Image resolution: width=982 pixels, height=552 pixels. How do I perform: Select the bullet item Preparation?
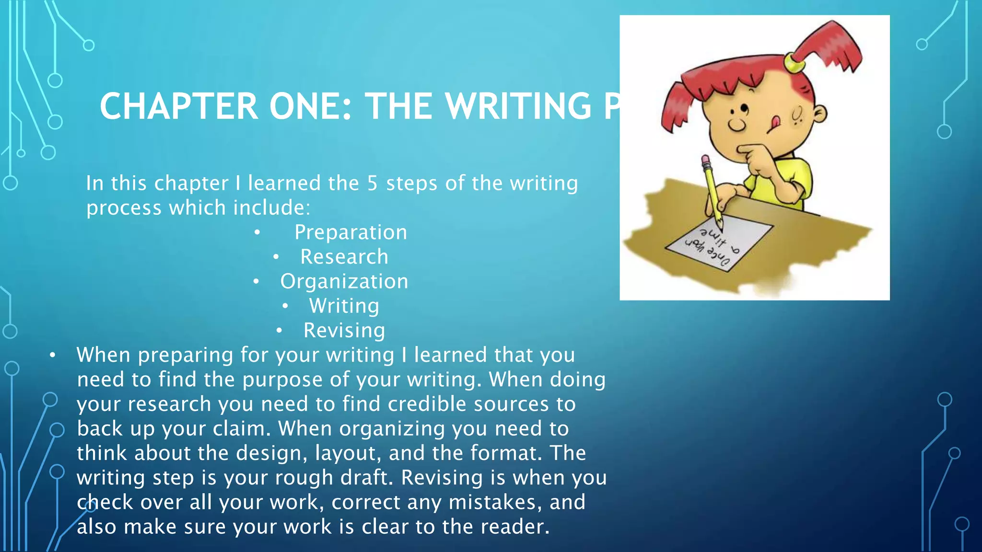pyautogui.click(x=351, y=232)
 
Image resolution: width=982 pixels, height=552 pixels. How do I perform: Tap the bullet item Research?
pyautogui.click(x=344, y=257)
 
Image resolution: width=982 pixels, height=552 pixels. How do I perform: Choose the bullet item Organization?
pyautogui.click(x=344, y=282)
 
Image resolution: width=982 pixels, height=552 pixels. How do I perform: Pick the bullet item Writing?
pyautogui.click(x=344, y=306)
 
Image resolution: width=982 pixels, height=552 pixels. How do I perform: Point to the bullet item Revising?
pyautogui.click(x=344, y=331)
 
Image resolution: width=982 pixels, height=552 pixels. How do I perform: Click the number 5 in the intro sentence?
pyautogui.click(x=373, y=184)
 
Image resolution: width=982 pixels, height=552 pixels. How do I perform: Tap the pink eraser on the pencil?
pyautogui.click(x=705, y=160)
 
